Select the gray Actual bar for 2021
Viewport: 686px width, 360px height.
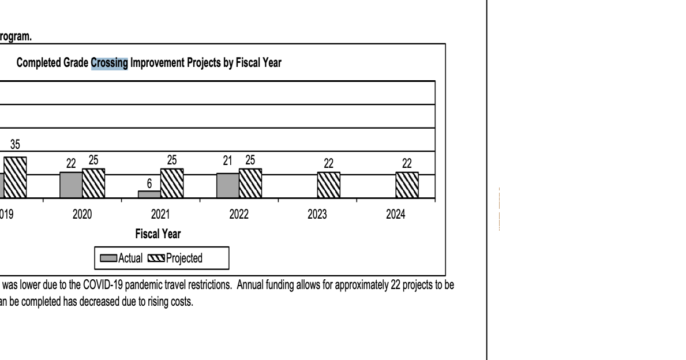pyautogui.click(x=149, y=194)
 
